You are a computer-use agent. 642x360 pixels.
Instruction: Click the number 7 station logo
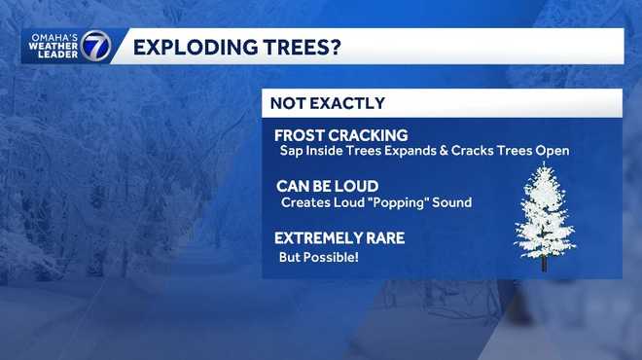[x=95, y=46]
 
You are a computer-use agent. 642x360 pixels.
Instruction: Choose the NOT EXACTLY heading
[x=327, y=103]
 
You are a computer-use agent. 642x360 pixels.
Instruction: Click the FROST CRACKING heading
[x=340, y=135]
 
